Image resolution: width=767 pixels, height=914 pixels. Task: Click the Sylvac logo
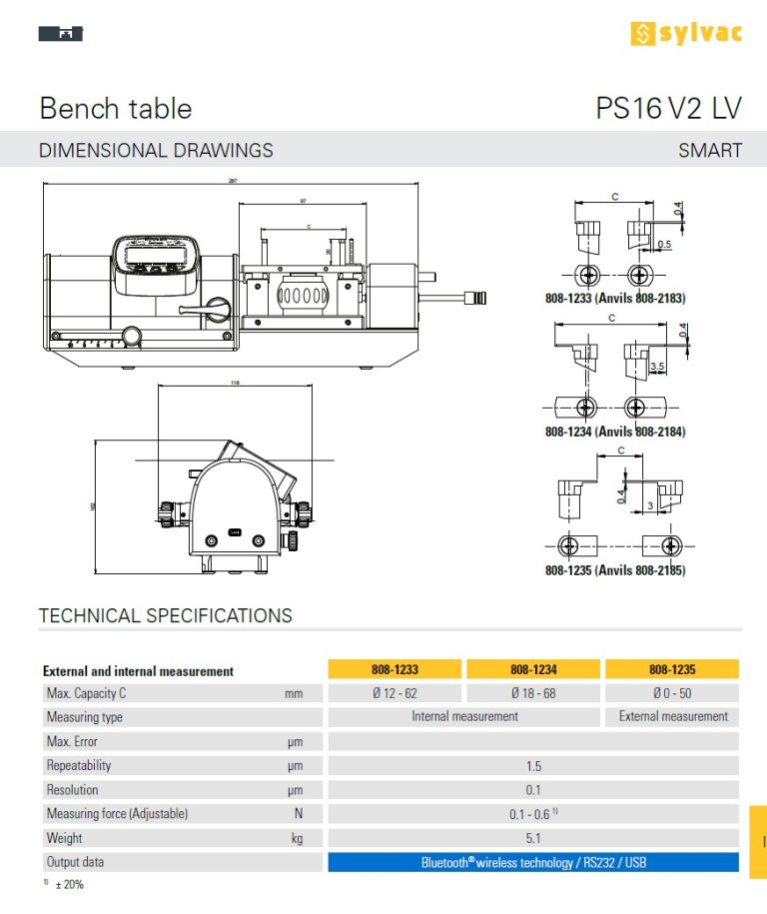click(686, 33)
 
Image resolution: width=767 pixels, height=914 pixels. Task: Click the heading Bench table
click(115, 109)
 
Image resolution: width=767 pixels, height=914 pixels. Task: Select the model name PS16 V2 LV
click(668, 109)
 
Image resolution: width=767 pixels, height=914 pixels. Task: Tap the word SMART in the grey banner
click(710, 151)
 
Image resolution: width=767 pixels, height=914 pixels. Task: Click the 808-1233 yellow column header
click(394, 670)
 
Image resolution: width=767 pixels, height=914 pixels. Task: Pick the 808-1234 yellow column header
click(533, 670)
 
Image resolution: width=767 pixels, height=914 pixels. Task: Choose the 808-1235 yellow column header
click(672, 670)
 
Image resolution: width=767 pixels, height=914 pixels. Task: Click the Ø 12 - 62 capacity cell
click(394, 693)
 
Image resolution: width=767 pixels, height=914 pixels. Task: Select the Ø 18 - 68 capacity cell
click(533, 693)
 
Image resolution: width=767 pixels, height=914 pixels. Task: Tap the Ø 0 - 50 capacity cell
click(672, 693)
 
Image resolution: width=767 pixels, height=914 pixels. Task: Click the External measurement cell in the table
click(673, 716)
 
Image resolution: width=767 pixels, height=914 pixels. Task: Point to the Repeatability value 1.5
click(533, 766)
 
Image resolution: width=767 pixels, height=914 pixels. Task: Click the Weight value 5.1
click(533, 839)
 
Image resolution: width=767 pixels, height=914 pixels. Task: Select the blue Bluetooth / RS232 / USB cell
click(533, 862)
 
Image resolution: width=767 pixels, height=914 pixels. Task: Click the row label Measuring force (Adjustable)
click(117, 814)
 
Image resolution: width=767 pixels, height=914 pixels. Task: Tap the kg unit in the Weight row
click(297, 839)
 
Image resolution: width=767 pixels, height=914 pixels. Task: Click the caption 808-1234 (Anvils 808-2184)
click(615, 432)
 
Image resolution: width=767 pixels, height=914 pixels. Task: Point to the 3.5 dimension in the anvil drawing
click(656, 367)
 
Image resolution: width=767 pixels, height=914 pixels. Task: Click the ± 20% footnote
click(69, 885)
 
